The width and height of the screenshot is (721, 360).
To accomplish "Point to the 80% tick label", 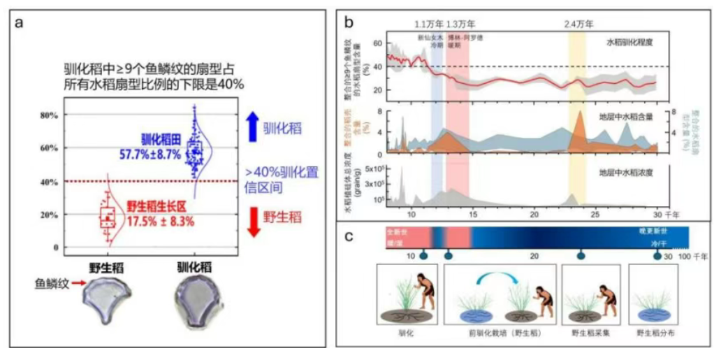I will (49, 115).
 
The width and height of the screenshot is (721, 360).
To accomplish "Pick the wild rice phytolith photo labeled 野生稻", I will (112, 298).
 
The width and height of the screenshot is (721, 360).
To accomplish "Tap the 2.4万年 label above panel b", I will (578, 24).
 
